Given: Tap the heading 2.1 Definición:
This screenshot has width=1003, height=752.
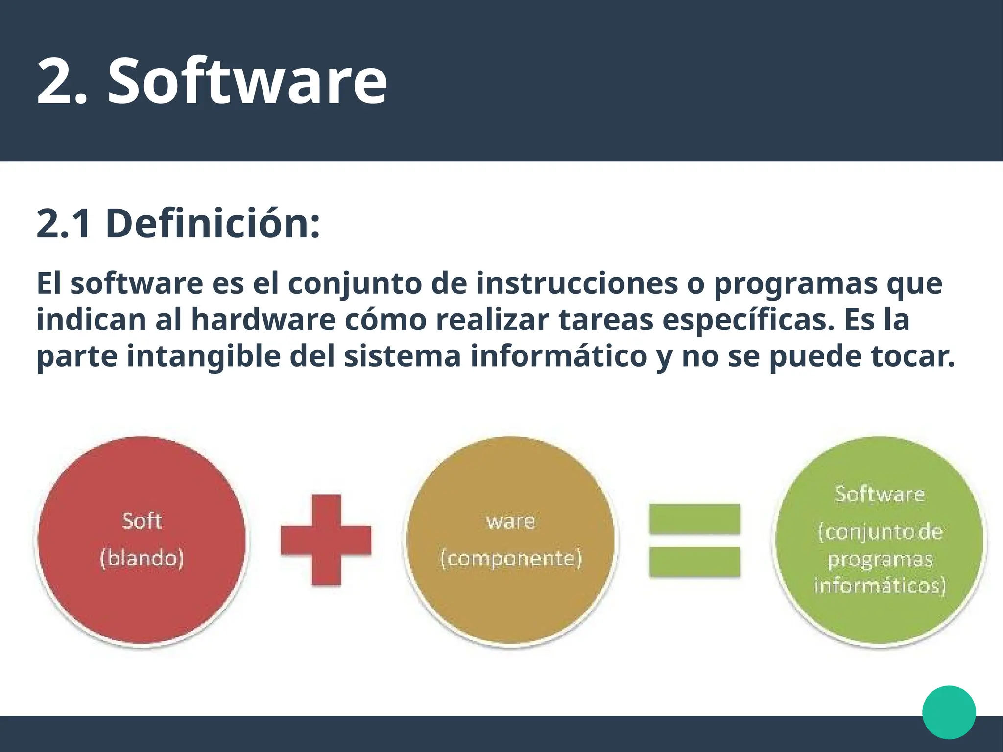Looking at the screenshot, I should click(178, 224).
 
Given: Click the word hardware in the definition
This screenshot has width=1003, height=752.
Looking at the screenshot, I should click(263, 320).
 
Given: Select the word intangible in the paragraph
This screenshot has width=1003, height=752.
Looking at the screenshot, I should click(203, 356).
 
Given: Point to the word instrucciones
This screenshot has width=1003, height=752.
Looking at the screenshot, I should click(577, 283).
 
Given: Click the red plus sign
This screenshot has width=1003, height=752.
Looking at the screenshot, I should click(326, 540).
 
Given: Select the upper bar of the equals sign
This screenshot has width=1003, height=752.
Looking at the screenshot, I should click(694, 518).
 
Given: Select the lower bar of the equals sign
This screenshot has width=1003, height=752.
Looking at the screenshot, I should click(694, 562).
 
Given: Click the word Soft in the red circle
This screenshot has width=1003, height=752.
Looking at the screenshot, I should click(142, 521).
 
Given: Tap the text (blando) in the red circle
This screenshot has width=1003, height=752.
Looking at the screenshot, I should click(142, 558).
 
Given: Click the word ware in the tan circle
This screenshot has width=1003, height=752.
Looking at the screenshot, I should click(511, 521).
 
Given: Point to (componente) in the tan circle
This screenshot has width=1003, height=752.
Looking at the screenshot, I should click(511, 559).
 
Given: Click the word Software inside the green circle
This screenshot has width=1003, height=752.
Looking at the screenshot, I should click(880, 494).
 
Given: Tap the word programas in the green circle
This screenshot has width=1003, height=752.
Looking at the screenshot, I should click(880, 560).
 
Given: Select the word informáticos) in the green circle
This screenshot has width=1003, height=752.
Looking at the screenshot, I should click(880, 586).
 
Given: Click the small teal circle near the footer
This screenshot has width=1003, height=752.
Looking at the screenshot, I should click(949, 712).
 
